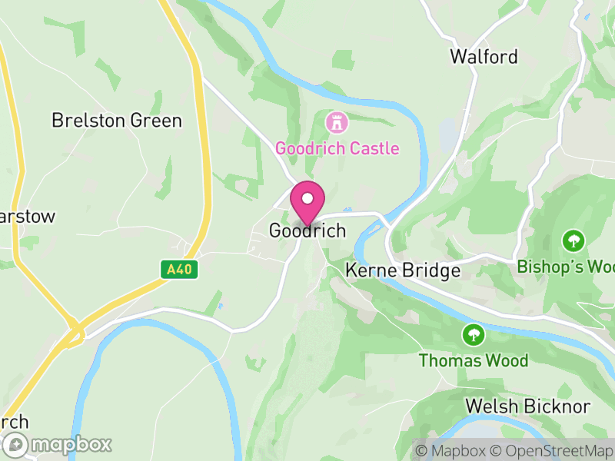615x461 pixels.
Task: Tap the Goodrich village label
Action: coord(307,230)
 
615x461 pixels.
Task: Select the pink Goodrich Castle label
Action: coord(337,148)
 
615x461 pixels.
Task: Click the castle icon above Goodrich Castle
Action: coord(336,121)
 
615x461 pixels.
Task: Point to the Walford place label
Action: coord(484,57)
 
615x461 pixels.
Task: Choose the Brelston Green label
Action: coord(117,121)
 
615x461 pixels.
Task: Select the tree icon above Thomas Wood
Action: coord(473,335)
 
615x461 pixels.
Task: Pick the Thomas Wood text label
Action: coord(474,360)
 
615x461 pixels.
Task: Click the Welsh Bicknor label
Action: coord(528,406)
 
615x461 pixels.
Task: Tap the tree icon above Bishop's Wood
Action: coord(573,240)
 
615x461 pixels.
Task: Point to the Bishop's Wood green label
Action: coord(567,267)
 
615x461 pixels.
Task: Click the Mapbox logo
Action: coord(58,444)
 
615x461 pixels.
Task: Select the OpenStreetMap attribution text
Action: coord(551,450)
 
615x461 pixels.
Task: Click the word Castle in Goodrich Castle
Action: coord(375,148)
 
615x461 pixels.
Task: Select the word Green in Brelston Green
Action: coord(158,121)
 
